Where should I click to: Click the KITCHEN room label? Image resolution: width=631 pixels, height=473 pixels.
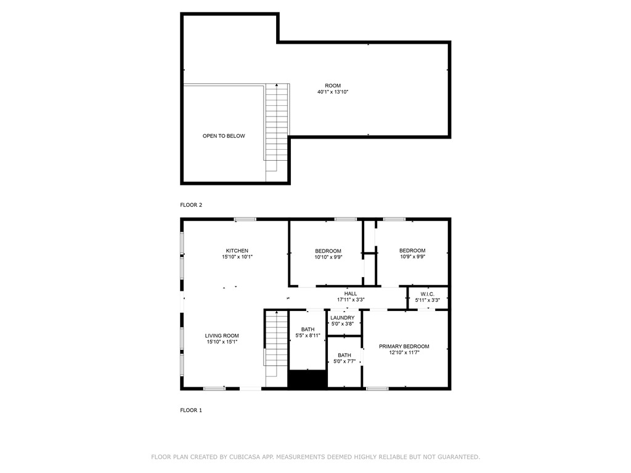tap(237, 251)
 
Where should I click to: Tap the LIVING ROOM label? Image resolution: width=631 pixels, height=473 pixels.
tap(222, 336)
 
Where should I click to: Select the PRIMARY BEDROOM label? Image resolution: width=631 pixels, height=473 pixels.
tap(404, 346)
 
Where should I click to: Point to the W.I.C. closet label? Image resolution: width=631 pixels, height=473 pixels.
tap(428, 294)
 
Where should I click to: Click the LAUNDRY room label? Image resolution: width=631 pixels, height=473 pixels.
tap(343, 318)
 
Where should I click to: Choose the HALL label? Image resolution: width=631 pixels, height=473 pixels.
tap(351, 294)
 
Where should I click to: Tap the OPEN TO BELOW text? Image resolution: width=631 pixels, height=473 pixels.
tap(224, 136)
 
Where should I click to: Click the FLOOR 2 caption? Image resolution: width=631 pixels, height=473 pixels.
tap(191, 204)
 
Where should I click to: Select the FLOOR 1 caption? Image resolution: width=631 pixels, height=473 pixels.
tap(191, 410)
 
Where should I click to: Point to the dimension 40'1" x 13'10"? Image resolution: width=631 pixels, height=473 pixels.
tap(333, 92)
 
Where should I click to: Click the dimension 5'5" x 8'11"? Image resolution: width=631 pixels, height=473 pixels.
tap(308, 336)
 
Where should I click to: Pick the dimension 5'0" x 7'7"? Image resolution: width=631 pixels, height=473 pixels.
tap(344, 361)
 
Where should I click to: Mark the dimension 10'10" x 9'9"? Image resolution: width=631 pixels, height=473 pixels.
tap(328, 257)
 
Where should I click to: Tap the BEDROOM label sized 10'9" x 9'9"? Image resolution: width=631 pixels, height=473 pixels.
tap(412, 251)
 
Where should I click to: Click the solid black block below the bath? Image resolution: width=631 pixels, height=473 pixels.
tap(308, 379)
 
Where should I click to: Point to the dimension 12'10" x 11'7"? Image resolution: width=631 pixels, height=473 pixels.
tap(404, 352)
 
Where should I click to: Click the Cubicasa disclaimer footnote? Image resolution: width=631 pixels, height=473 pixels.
tap(315, 457)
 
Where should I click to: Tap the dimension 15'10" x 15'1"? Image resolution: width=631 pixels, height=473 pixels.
tap(222, 342)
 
